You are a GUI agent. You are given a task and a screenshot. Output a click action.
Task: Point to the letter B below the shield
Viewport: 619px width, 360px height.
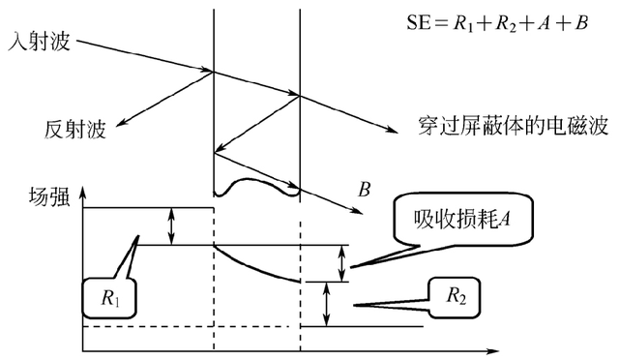[365, 189]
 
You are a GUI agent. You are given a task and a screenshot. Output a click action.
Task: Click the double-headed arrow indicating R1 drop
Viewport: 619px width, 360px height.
[172, 225]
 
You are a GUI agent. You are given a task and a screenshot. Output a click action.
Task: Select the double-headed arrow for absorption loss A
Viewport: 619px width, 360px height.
[341, 262]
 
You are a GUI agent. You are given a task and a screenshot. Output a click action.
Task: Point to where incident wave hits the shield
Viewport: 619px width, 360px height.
[213, 71]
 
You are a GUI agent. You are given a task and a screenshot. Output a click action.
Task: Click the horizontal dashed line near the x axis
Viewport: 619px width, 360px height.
[184, 326]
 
